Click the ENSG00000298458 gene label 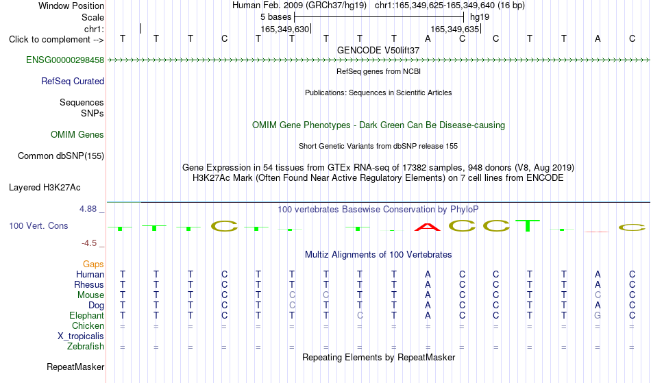click(x=65, y=60)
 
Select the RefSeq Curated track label click(x=73, y=81)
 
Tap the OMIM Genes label click(x=77, y=134)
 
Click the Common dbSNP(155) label click(x=61, y=156)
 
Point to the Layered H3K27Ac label click(x=45, y=187)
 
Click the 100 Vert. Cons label click(x=38, y=225)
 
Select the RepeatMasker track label click(x=75, y=367)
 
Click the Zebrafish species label click(x=86, y=346)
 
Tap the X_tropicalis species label click(x=81, y=336)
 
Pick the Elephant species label click(x=86, y=315)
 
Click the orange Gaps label click(x=93, y=264)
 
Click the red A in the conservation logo click(x=428, y=227)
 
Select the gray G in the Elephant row click(x=598, y=315)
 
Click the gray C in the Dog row click(x=292, y=305)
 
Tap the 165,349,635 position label click(x=455, y=29)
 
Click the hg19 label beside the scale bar click(x=480, y=17)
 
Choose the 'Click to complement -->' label click(x=56, y=40)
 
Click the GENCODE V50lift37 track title click(x=378, y=50)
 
